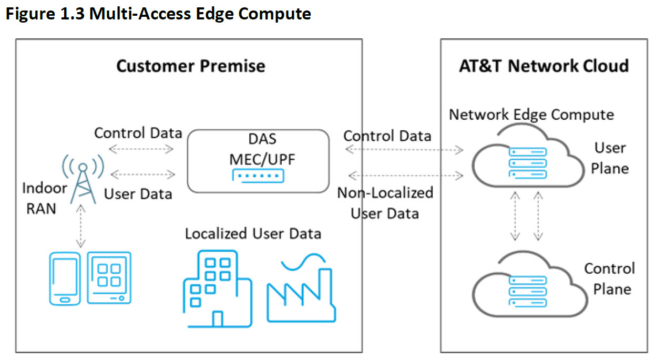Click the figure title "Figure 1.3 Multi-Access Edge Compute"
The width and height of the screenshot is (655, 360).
pyautogui.click(x=158, y=14)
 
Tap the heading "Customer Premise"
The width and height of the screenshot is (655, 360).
pyautogui.click(x=191, y=66)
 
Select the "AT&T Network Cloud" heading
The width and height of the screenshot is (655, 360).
pyautogui.click(x=544, y=66)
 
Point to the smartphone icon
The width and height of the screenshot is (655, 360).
pyautogui.click(x=65, y=279)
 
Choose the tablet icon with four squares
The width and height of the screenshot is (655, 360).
pyautogui.click(x=109, y=278)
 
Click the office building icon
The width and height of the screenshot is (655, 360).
pyautogui.click(x=218, y=289)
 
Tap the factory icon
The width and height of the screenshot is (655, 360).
pyautogui.click(x=301, y=288)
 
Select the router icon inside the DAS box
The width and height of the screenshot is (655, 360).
pyautogui.click(x=258, y=176)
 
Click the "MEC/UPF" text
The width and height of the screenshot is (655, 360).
pyautogui.click(x=262, y=160)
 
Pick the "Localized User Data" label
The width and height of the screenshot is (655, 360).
pyautogui.click(x=253, y=234)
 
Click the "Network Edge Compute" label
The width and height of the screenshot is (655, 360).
pyautogui.click(x=531, y=115)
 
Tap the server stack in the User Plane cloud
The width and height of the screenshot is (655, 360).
pyautogui.click(x=528, y=163)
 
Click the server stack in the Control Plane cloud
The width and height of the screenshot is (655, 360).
pyautogui.click(x=528, y=292)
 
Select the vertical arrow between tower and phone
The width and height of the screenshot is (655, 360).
pyautogui.click(x=81, y=226)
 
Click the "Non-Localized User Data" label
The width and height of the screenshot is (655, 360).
pyautogui.click(x=385, y=203)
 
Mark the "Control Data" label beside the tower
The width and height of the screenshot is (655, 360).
pyautogui.click(x=138, y=133)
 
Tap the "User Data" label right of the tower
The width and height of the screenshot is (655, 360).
pyautogui.click(x=138, y=194)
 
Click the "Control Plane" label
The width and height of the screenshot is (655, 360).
pyautogui.click(x=610, y=279)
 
